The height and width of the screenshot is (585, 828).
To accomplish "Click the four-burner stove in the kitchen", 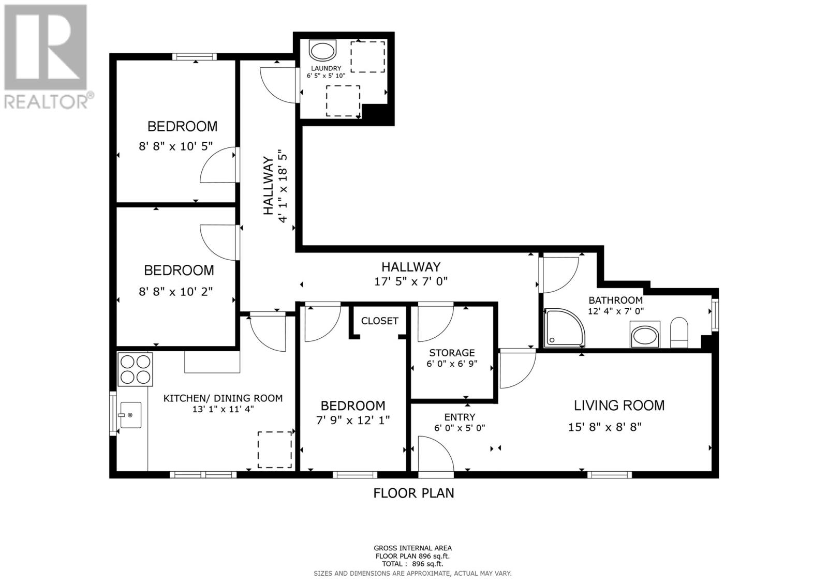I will [136, 369].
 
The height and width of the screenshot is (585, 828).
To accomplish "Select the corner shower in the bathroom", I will [565, 328].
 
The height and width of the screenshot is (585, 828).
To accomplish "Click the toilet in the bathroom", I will [678, 333].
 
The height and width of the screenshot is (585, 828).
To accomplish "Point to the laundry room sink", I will [322, 51].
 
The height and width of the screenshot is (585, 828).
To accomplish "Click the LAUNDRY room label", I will [326, 68].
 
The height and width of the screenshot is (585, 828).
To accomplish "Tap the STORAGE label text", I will [451, 353].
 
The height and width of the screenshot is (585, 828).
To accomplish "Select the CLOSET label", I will [379, 321].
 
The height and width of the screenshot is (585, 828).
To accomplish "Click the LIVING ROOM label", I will [619, 405].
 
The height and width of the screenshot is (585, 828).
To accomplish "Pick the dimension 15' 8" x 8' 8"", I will [604, 427].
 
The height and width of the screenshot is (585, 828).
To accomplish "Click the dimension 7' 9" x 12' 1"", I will [352, 421].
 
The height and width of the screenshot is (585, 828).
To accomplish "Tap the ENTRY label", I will [459, 417].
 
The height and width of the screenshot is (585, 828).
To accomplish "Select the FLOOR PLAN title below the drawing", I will [413, 493].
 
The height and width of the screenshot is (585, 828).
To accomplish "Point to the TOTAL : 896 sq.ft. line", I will [412, 564].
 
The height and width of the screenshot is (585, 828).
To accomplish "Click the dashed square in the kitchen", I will [274, 449].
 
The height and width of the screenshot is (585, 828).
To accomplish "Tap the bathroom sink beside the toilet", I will [645, 335].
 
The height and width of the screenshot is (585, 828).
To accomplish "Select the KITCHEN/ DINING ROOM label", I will [223, 398].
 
